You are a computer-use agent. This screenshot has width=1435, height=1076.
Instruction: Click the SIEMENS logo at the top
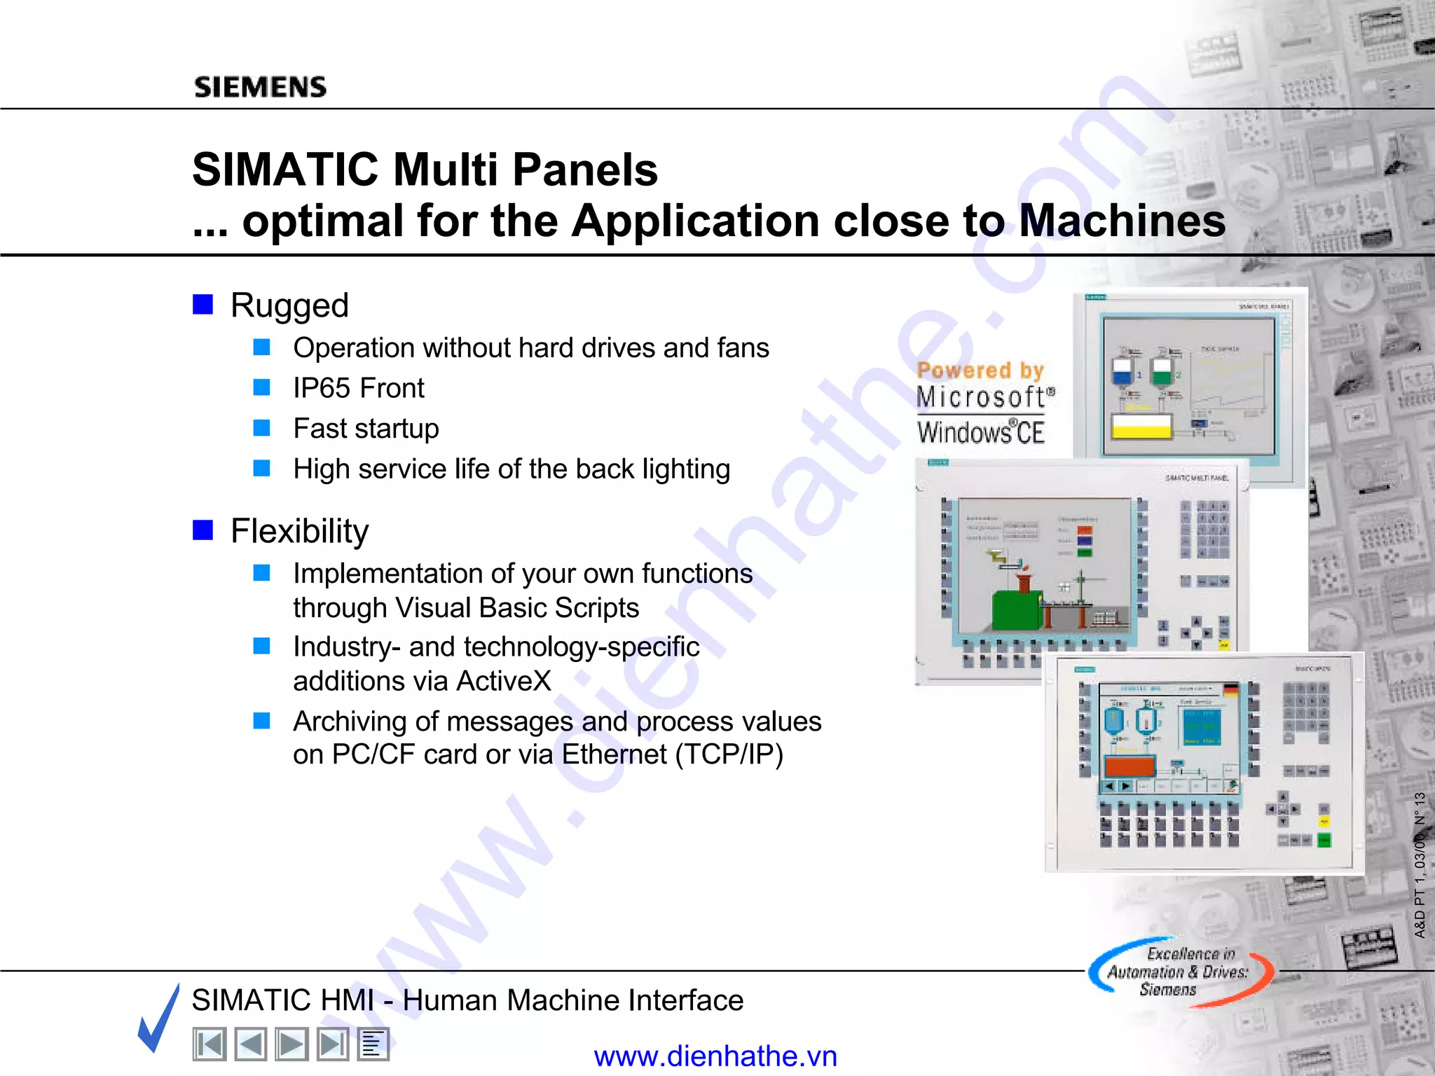pyautogui.click(x=260, y=87)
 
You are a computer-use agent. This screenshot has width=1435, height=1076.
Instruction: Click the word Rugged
pyautogui.click(x=289, y=305)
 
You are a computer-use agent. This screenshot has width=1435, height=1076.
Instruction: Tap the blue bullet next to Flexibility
pyautogui.click(x=202, y=530)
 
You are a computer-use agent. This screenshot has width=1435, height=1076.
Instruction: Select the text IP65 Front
pyautogui.click(x=358, y=388)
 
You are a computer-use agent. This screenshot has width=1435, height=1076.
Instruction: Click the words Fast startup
pyautogui.click(x=366, y=428)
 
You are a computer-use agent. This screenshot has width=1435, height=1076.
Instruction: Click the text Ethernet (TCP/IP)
pyautogui.click(x=672, y=754)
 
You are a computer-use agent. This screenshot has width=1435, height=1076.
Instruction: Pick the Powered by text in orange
pyautogui.click(x=980, y=370)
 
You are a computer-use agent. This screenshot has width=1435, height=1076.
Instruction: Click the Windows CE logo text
pyautogui.click(x=980, y=432)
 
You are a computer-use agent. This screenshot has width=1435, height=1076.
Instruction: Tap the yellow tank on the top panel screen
pyautogui.click(x=1141, y=426)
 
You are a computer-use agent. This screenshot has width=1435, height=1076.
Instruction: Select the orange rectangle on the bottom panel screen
pyautogui.click(x=1129, y=766)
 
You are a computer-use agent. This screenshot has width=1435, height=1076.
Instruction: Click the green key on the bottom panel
pyautogui.click(x=1324, y=840)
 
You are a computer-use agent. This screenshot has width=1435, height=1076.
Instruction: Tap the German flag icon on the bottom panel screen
pyautogui.click(x=1230, y=690)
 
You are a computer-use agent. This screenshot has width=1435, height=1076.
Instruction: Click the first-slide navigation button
pyautogui.click(x=210, y=1044)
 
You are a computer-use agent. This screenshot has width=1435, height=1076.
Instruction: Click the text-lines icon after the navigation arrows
pyautogui.click(x=373, y=1044)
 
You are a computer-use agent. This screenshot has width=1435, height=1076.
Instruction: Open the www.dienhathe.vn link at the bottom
pyautogui.click(x=715, y=1056)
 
